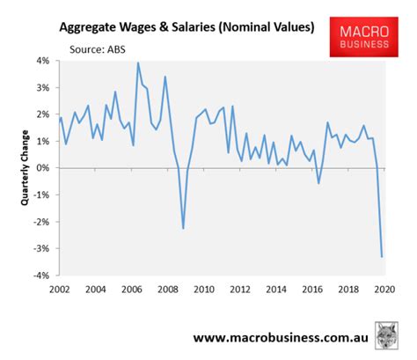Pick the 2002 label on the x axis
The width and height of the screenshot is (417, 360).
tap(60, 289)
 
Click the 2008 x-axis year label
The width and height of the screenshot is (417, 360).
tap(167, 289)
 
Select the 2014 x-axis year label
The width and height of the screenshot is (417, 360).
tap(275, 289)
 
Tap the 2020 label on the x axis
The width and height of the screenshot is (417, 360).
tap(383, 289)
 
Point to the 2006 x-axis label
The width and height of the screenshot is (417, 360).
tap(131, 289)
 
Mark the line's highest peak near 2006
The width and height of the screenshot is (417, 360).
tap(137, 62)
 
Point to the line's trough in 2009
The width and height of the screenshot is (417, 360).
tap(183, 228)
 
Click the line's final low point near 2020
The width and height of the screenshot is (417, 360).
tap(382, 256)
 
